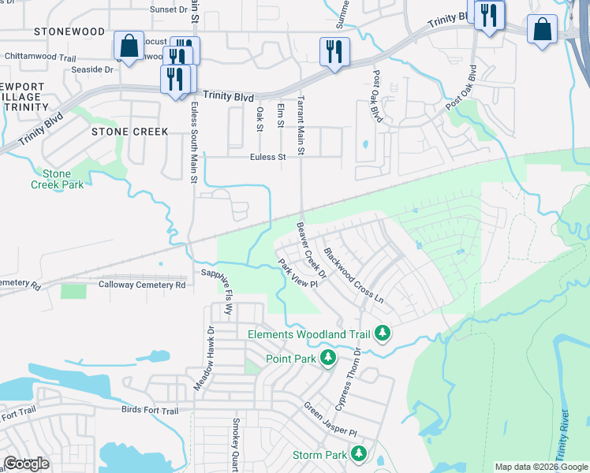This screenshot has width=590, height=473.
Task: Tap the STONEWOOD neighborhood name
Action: [x=69, y=32]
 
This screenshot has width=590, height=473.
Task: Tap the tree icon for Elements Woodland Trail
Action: [x=383, y=333]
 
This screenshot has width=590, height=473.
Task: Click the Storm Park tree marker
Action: [x=359, y=455]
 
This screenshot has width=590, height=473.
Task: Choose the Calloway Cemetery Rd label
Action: [x=142, y=285]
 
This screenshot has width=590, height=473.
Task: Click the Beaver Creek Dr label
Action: [x=311, y=244]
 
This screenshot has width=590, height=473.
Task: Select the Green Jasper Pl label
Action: [x=330, y=421]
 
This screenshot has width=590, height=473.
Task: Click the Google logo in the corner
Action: [x=26, y=464]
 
